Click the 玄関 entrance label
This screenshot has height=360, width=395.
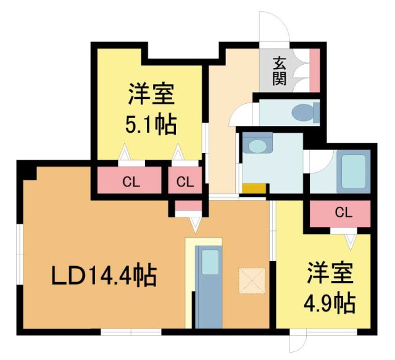[x=280, y=72]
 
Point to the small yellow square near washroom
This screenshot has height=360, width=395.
[x=254, y=188]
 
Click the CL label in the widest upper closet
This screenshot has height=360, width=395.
[x=130, y=182]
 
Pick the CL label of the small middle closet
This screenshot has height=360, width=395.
[x=185, y=182]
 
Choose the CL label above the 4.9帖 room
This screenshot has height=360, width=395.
[x=343, y=213]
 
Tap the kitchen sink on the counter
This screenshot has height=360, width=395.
[x=210, y=262]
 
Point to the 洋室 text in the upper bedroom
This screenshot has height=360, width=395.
[x=152, y=96]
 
